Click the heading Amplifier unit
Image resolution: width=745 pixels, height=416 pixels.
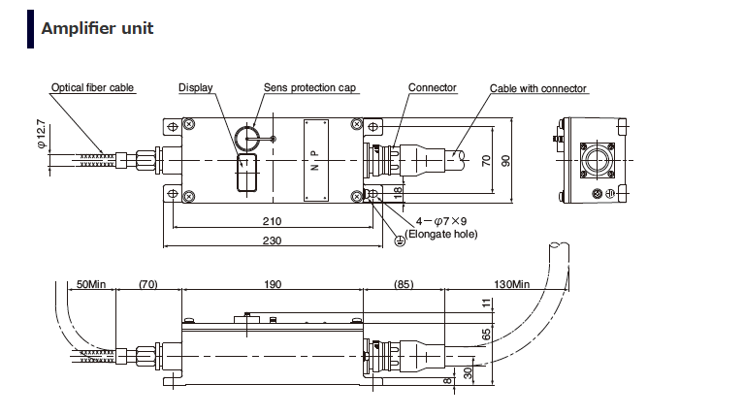97,28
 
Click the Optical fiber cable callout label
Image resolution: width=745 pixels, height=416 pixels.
93,88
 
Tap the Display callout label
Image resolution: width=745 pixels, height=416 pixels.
195,88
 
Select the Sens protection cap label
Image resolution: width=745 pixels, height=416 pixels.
310,88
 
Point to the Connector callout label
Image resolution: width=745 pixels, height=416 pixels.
432,88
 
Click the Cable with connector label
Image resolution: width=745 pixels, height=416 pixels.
538,89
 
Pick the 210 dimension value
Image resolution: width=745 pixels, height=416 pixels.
272,221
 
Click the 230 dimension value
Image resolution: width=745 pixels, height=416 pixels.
272,240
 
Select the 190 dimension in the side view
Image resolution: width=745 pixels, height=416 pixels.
272,284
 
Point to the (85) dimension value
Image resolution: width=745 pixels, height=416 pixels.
405,284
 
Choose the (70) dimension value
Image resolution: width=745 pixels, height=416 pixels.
148,284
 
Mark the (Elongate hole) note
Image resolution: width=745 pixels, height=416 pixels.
442,234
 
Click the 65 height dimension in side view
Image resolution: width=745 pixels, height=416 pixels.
485,335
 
